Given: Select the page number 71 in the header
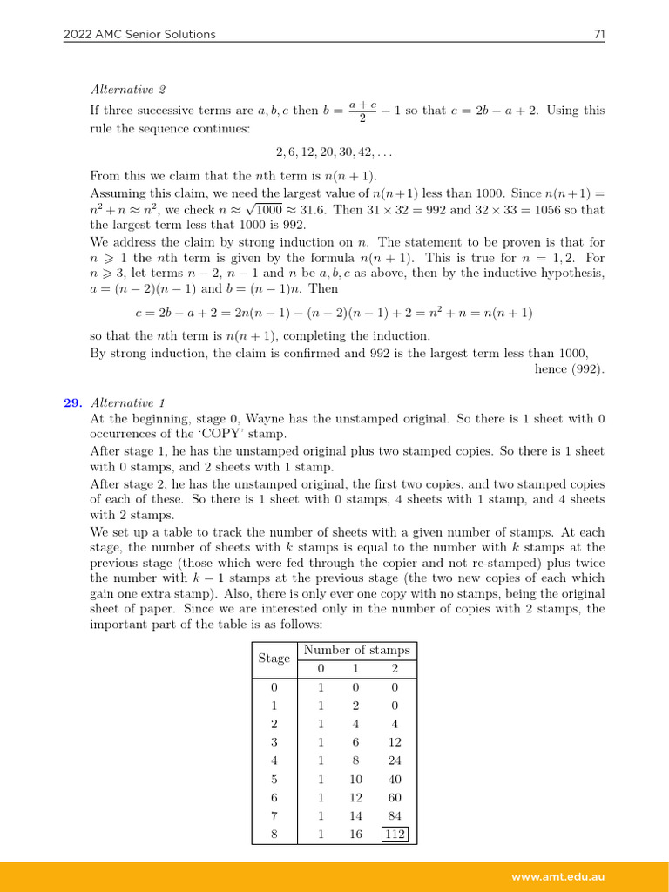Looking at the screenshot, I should tap(598, 34).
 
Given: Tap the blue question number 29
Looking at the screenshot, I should tap(72, 402).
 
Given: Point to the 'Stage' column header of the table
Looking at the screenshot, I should tap(274, 659).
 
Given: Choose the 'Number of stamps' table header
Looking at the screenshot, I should tap(356, 650).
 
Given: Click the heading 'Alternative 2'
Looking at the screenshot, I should tap(128, 89).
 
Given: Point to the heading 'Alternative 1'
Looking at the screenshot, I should tap(128, 402).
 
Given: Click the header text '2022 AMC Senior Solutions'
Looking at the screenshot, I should tap(139, 34).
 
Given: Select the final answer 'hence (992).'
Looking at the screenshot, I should tap(569, 368).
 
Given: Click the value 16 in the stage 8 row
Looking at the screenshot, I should tap(355, 834).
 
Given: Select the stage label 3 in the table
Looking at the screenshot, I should tap(274, 742).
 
